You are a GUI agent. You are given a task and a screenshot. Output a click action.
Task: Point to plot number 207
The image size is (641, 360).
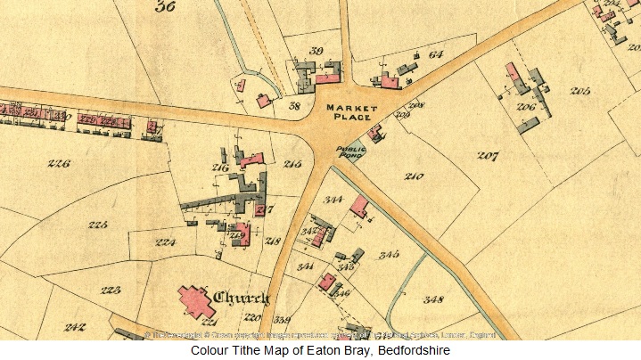pyautogui.click(x=487, y=156)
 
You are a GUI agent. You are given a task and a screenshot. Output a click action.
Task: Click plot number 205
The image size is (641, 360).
pyautogui.click(x=580, y=91)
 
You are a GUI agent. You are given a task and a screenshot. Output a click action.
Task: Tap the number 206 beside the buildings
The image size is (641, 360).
pyautogui.click(x=525, y=108)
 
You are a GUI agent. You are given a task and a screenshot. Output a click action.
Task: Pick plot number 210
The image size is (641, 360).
pyautogui.click(x=413, y=176)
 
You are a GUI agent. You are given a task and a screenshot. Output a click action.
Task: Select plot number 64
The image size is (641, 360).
pyautogui.click(x=435, y=54)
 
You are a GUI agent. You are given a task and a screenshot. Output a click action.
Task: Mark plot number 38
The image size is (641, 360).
pyautogui.click(x=294, y=106)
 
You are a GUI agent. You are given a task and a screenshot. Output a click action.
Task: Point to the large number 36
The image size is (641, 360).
pyautogui.click(x=164, y=8)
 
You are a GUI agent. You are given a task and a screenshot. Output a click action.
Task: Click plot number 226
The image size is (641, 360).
pyautogui.click(x=60, y=164)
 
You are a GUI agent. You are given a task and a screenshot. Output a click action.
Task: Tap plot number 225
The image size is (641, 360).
pyautogui.click(x=98, y=224)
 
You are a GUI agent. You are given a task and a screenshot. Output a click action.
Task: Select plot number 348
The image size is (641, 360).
pyautogui.click(x=433, y=299)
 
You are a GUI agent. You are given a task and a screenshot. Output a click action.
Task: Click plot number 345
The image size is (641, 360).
pyautogui.click(x=388, y=255)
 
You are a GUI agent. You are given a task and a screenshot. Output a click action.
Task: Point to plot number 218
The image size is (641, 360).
pyautogui.click(x=273, y=241)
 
